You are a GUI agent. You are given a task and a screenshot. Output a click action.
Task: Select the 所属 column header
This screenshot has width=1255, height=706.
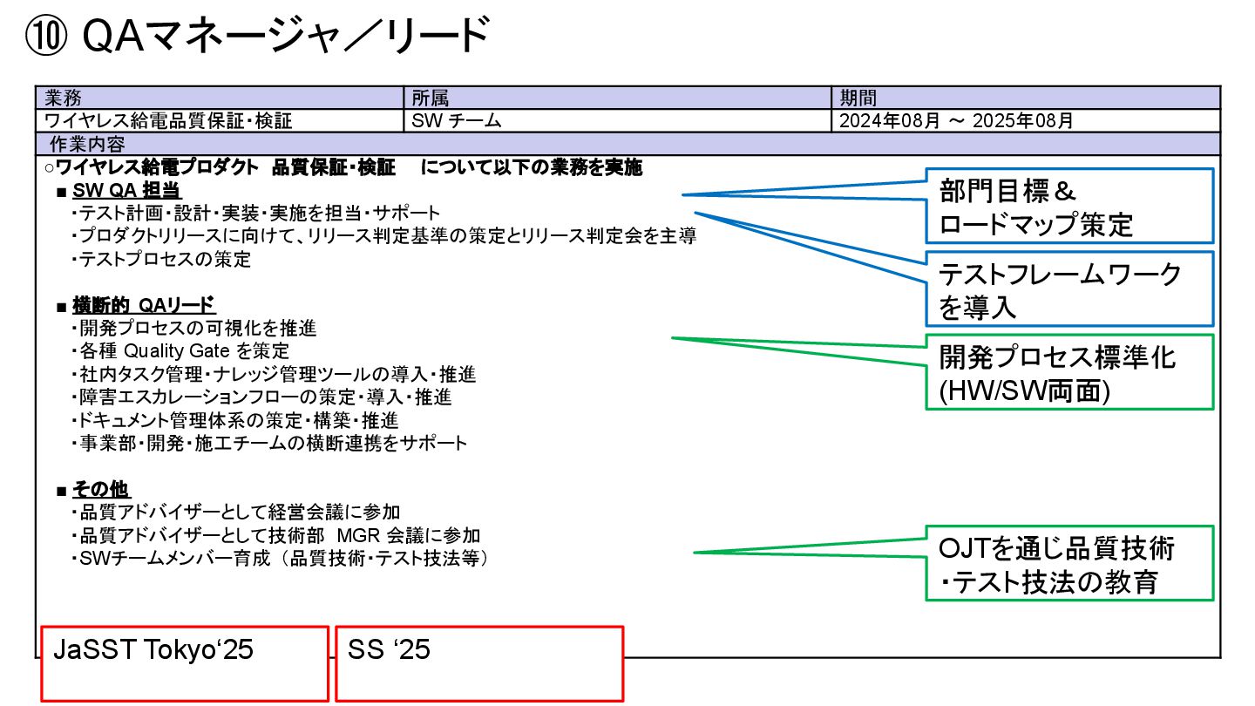click(431, 98)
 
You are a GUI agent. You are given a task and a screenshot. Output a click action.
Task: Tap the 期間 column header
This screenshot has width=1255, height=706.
click(858, 98)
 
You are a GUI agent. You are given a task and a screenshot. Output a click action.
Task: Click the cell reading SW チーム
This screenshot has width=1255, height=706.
click(457, 121)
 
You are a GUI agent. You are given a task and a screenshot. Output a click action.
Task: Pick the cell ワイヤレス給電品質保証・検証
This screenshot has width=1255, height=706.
click(168, 121)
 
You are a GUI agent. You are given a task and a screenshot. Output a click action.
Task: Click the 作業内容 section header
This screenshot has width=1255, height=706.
click(86, 144)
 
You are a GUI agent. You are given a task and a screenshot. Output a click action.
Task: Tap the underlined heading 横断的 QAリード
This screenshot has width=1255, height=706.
click(144, 305)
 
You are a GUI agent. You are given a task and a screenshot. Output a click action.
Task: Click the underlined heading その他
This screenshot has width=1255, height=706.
click(101, 489)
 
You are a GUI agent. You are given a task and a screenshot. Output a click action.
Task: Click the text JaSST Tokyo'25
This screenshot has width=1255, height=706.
click(153, 650)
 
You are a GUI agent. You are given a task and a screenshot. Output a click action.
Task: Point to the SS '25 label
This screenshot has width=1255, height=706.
click(389, 650)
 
